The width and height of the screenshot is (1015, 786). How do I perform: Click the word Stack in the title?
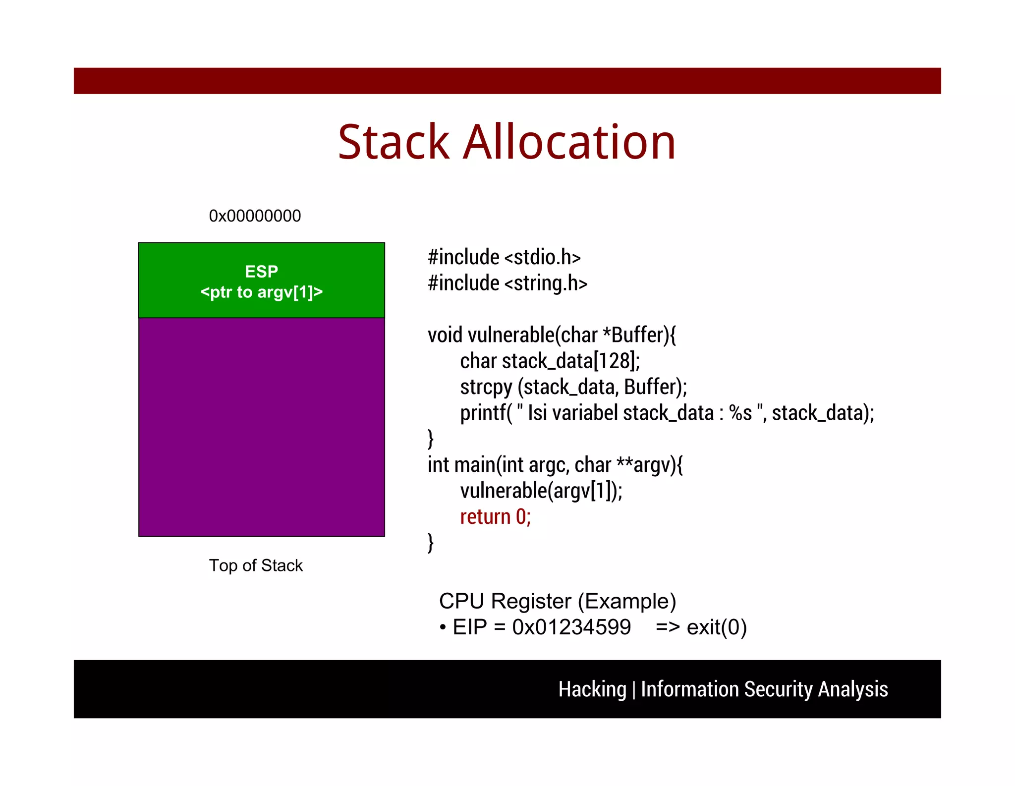tap(394, 143)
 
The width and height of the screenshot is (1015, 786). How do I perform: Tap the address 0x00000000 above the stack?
tap(255, 216)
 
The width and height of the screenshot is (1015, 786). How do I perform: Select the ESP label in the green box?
tap(261, 271)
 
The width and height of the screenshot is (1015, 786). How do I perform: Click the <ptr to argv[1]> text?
tap(261, 292)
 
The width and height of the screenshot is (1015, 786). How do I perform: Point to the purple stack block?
tap(261, 426)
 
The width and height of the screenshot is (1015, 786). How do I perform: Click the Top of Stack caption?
tap(255, 565)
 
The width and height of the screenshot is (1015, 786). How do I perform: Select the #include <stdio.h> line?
tap(504, 257)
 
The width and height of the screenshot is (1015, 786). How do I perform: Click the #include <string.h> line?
tap(507, 283)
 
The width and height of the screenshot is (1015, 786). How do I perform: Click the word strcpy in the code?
tap(486, 387)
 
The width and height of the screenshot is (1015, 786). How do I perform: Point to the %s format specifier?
tap(740, 413)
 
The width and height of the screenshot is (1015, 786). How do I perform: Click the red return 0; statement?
tap(495, 517)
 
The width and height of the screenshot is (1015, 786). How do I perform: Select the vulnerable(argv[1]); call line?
tap(541, 491)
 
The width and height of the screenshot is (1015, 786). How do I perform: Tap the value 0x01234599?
tap(571, 627)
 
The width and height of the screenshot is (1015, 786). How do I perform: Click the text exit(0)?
tap(716, 627)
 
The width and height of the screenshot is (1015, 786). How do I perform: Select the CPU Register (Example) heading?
tap(557, 601)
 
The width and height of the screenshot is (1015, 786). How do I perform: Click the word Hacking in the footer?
tap(592, 689)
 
